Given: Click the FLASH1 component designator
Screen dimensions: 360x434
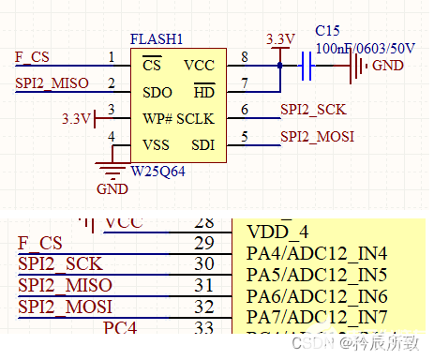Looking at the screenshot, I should [157, 39].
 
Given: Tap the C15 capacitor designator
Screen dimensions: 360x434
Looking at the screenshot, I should [328, 31].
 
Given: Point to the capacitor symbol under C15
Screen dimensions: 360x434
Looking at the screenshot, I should [306, 66].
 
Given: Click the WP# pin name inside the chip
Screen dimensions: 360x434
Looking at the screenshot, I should [156, 119].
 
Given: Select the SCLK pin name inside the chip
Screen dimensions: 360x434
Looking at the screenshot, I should [196, 119].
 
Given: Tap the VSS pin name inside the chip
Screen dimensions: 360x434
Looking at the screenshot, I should [156, 145].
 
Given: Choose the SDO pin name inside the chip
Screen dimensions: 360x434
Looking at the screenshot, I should [156, 92].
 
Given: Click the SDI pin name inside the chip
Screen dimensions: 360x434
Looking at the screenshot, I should [202, 145].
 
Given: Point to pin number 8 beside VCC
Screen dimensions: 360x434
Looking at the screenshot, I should [246, 58].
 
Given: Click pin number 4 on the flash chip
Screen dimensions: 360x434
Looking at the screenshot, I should [112, 137].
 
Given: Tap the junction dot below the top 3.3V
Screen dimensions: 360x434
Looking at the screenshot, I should [279, 66].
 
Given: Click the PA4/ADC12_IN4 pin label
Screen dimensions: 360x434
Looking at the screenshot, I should [316, 253].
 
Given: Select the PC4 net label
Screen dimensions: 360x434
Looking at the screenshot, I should [120, 329].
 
